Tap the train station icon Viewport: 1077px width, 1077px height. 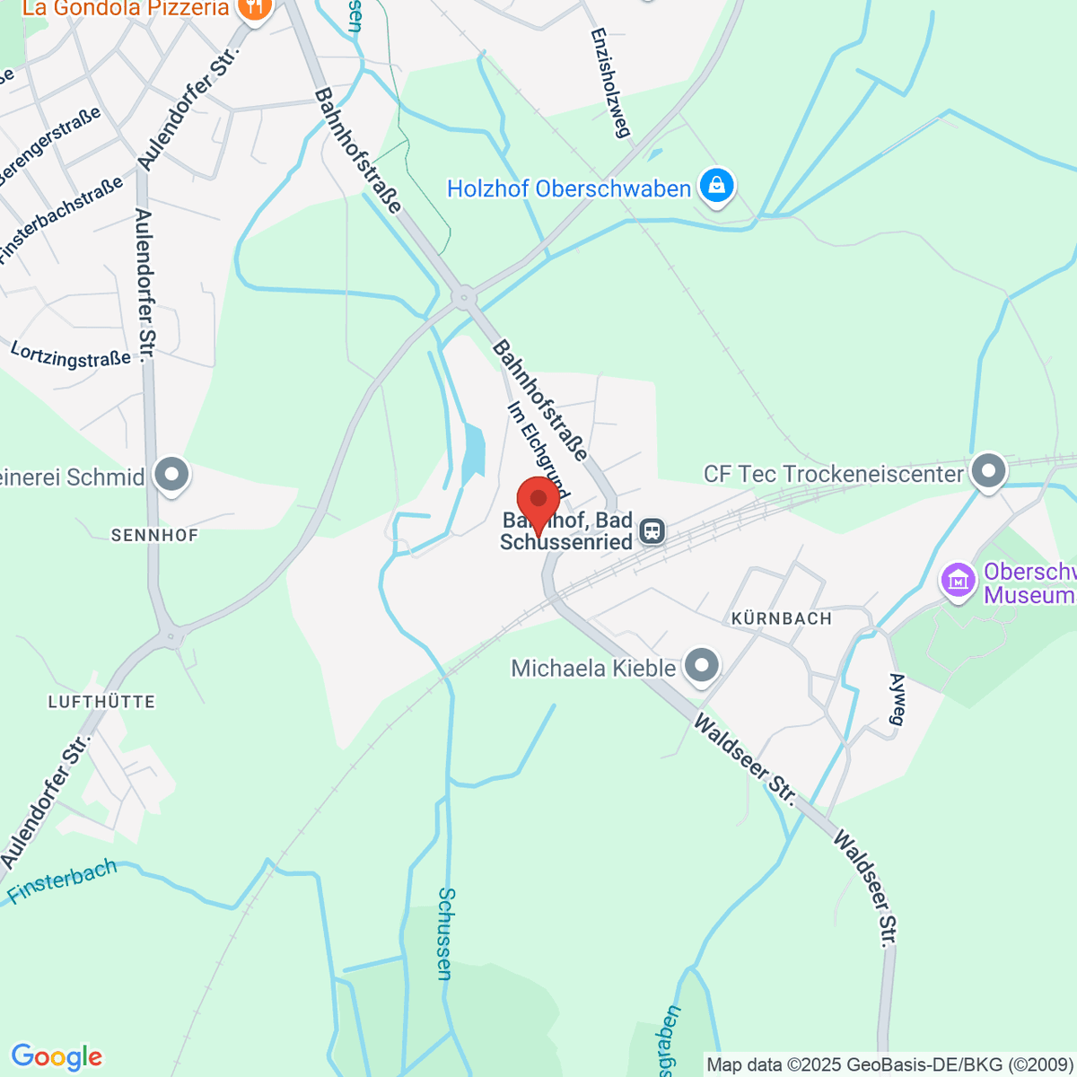coord(652,531)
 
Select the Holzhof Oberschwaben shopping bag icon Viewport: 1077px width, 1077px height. coord(716,187)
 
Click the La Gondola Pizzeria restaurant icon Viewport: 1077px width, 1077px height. coord(256,9)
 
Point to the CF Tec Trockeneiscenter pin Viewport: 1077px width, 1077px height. coord(988,471)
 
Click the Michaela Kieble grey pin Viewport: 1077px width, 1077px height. coord(701,666)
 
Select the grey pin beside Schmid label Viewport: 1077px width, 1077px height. coord(171,475)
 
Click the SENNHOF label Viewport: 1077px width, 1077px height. coord(154,535)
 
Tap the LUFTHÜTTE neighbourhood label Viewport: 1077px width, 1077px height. coord(101,702)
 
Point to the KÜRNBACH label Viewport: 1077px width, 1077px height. coord(781,618)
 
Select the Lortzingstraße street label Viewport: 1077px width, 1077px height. coord(71,354)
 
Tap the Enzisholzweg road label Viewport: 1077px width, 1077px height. coord(608,82)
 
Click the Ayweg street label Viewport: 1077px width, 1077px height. coord(897,698)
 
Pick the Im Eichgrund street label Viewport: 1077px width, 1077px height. coord(538,449)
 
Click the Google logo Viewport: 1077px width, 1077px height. coord(57,1057)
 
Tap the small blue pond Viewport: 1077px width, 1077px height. coord(473,451)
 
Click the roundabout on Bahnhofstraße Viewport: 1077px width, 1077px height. coord(464,296)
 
